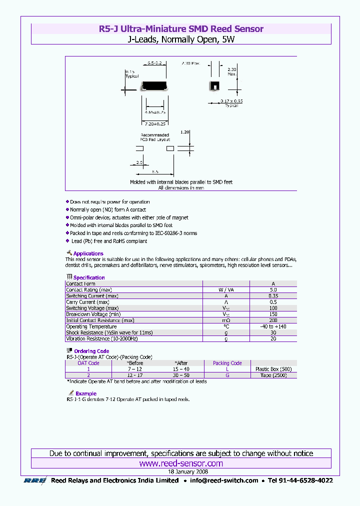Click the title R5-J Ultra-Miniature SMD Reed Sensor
pyautogui.click(x=181, y=29)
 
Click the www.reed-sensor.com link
pyautogui.click(x=181, y=463)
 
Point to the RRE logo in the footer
pyautogui.click(x=35, y=480)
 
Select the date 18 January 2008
pyautogui.click(x=181, y=471)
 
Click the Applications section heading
pyautogui.click(x=88, y=253)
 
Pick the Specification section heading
pyautogui.click(x=89, y=277)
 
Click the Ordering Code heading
pyautogui.click(x=91, y=351)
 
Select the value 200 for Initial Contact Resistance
pyautogui.click(x=273, y=320)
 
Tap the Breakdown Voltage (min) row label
pyautogui.click(x=93, y=314)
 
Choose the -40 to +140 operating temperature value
pyautogui.click(x=273, y=326)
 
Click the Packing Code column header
pyautogui.click(x=227, y=363)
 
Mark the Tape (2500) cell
pyautogui.click(x=273, y=375)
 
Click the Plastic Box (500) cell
pyautogui.click(x=273, y=369)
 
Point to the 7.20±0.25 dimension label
pyautogui.click(x=154, y=123)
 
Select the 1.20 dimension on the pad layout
pyautogui.click(x=184, y=132)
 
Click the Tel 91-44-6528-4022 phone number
pyautogui.click(x=300, y=480)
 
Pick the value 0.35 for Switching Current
pyautogui.click(x=273, y=296)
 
